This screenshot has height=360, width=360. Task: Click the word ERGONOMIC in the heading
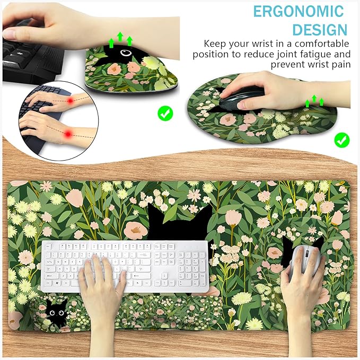click(x=298, y=11)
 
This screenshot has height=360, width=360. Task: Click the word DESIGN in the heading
click(x=320, y=30)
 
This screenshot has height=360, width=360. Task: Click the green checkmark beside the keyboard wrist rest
click(x=165, y=113)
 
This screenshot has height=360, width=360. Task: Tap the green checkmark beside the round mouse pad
click(x=342, y=140)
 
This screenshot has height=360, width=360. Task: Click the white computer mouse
click(x=305, y=259)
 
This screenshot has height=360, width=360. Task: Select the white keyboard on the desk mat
click(x=125, y=266)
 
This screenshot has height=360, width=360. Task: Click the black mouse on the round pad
click(x=241, y=98)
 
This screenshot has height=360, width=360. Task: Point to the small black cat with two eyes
click(x=56, y=312)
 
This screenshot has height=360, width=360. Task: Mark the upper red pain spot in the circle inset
click(x=71, y=100)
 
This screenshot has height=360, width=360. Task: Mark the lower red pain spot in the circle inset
click(x=68, y=134)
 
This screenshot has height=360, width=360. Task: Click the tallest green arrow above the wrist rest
click(x=120, y=37)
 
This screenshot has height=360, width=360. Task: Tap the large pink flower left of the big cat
click(x=136, y=230)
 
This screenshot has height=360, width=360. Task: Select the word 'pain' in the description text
click(x=341, y=65)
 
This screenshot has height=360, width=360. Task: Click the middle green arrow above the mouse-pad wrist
click(x=314, y=99)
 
